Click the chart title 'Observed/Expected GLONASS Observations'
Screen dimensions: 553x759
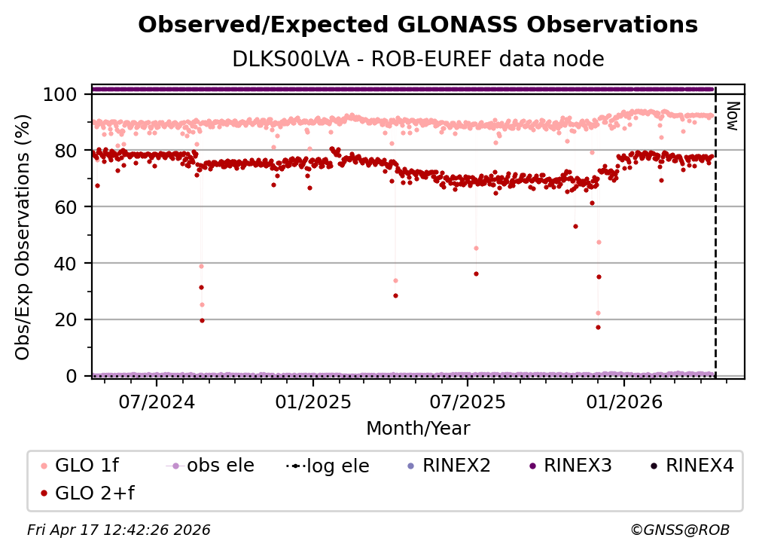pos(418,25)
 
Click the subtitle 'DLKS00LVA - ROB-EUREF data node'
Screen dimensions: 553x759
pos(418,59)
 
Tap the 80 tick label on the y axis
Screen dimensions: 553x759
pos(64,151)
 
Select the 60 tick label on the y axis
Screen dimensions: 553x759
pos(64,207)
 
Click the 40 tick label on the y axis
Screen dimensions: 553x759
pos(64,264)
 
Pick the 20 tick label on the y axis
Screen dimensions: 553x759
pos(64,319)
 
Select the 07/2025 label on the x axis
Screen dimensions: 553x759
pos(467,401)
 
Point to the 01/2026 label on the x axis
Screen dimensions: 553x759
pos(623,401)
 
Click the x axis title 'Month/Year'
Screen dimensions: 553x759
pos(418,429)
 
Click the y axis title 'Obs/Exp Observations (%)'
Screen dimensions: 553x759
pos(23,237)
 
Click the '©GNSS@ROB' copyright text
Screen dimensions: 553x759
pos(679,530)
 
